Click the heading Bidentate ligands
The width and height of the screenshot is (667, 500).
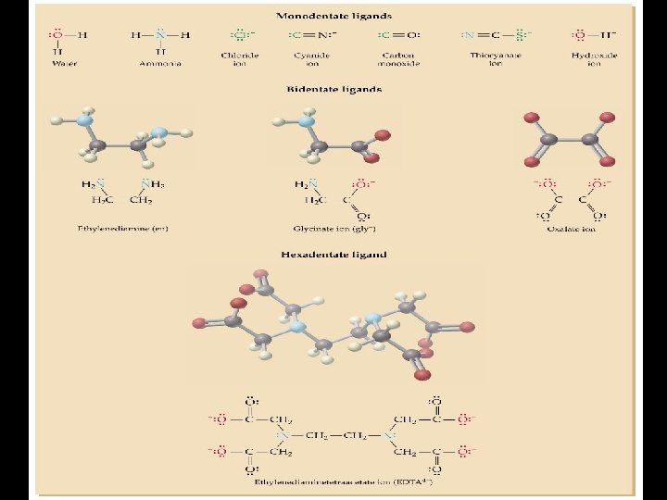333,90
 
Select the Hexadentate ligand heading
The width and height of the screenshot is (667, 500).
333,254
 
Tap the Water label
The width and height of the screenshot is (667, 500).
65,64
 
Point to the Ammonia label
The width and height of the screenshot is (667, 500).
160,64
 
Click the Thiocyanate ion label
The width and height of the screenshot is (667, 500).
496,59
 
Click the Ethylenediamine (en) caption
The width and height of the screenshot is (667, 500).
123,228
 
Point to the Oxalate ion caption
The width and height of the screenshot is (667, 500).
571,228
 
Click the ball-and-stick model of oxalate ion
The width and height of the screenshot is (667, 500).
568,139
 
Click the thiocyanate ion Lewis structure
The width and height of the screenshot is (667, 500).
496,35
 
